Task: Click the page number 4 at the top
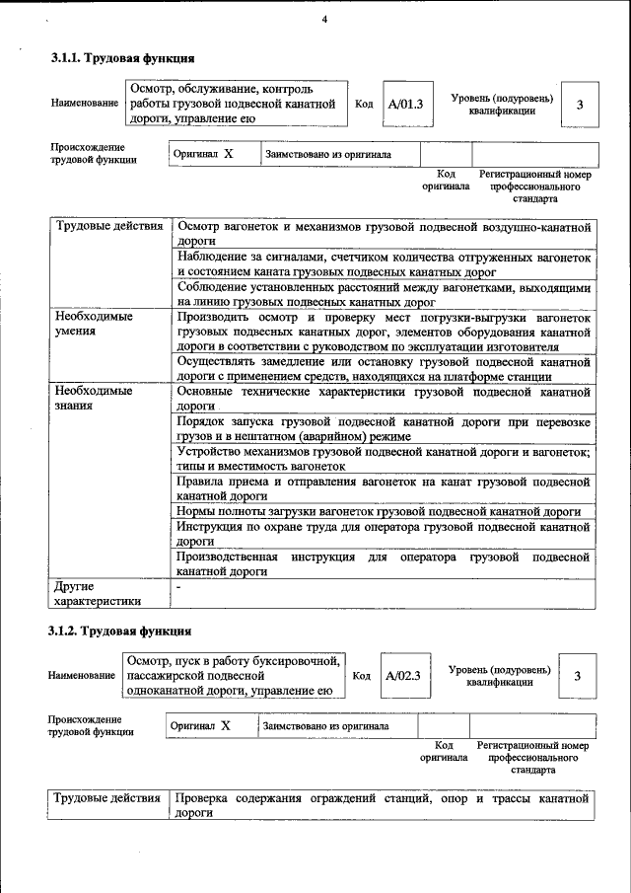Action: click(324, 21)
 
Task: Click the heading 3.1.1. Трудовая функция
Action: click(122, 59)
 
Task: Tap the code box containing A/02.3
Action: click(402, 676)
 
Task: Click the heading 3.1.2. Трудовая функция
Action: click(120, 631)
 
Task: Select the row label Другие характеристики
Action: click(109, 592)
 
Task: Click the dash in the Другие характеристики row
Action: click(179, 586)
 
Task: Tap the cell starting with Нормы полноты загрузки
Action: click(383, 512)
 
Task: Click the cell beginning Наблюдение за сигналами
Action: click(383, 262)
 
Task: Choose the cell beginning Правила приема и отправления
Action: click(383, 489)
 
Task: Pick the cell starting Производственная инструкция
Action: click(383, 564)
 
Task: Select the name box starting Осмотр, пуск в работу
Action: click(234, 676)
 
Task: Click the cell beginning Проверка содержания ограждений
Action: click(383, 805)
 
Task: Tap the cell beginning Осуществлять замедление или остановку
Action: click(383, 369)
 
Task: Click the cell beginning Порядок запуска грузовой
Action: click(383, 428)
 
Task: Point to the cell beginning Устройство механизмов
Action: click(383, 459)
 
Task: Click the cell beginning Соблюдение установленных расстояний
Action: click(383, 294)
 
